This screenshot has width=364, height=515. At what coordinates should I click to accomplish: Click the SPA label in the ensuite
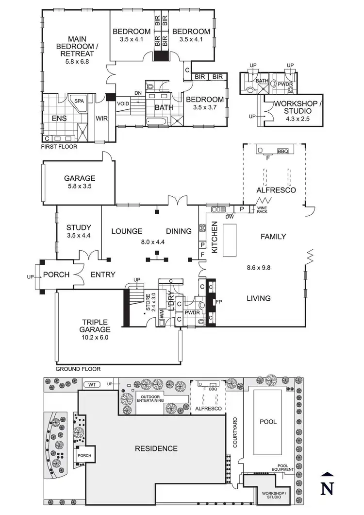click(78, 102)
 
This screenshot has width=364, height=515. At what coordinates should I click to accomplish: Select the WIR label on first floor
click(101, 118)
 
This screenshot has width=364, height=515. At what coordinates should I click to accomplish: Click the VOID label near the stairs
click(123, 103)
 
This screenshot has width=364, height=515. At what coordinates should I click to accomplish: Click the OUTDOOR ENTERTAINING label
click(149, 397)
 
